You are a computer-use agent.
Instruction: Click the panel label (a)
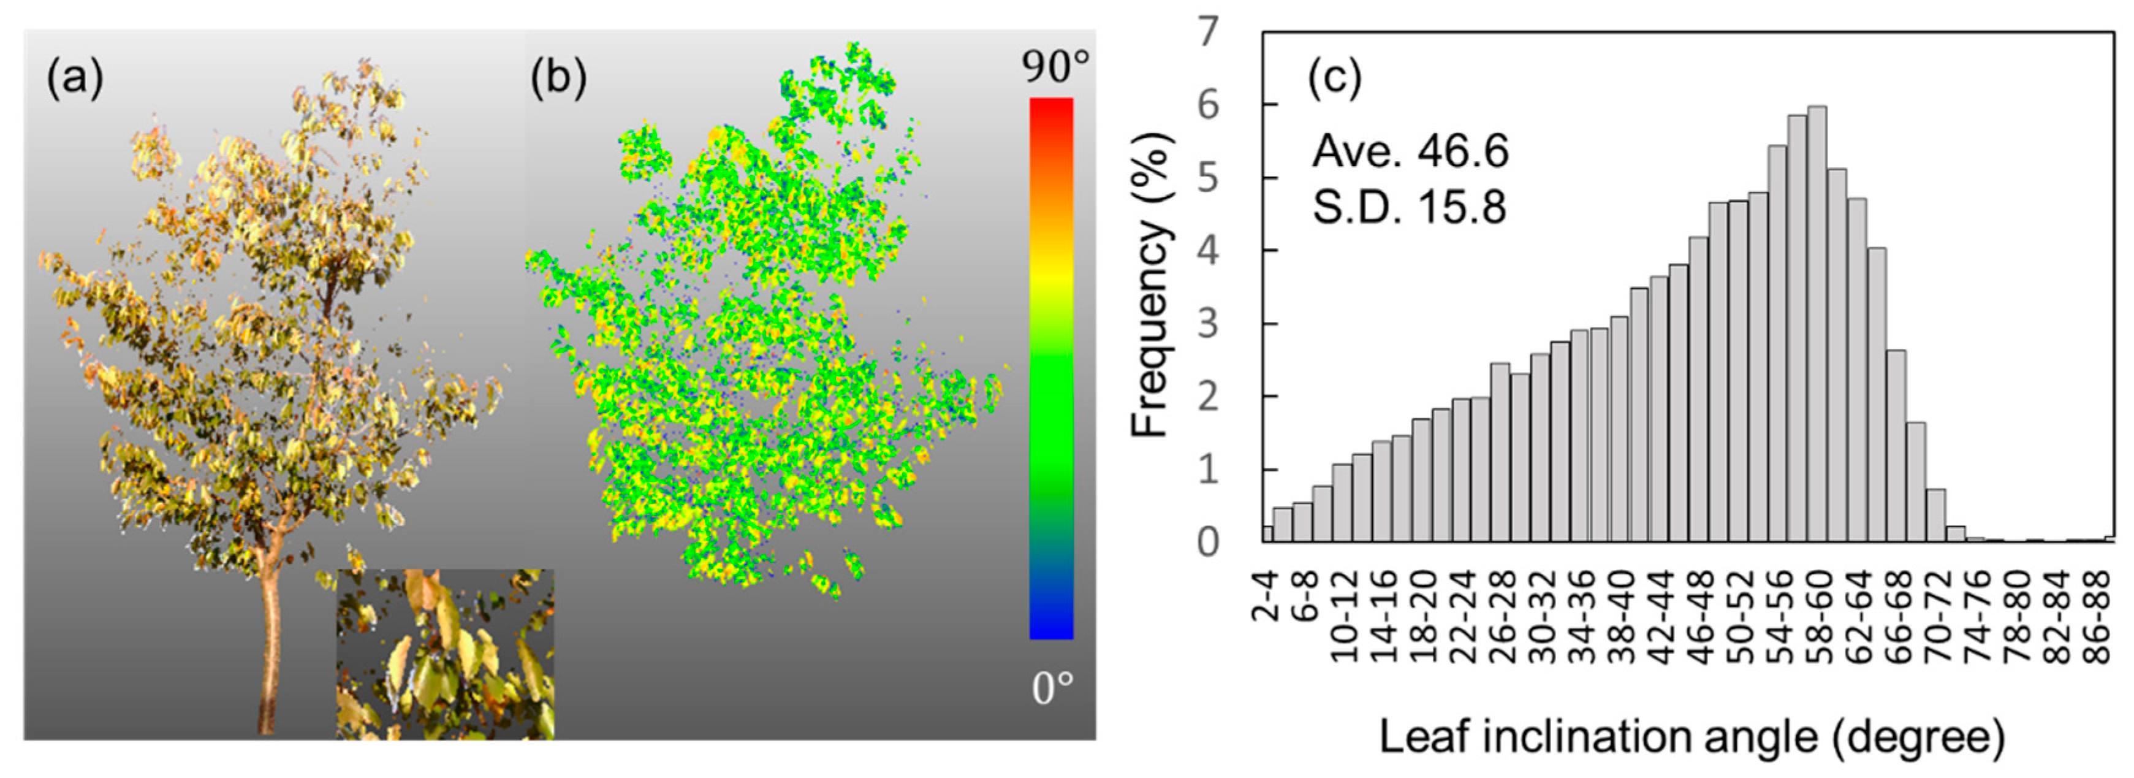click(75, 80)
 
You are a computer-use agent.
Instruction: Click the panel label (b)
click(558, 80)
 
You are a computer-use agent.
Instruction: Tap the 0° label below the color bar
click(1053, 688)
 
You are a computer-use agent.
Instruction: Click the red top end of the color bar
click(1051, 108)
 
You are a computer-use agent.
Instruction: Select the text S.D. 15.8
click(1409, 207)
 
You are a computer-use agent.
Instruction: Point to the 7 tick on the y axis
click(1209, 32)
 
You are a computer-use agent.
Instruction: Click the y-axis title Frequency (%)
click(1152, 286)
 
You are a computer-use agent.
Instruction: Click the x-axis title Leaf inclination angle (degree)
click(1690, 736)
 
